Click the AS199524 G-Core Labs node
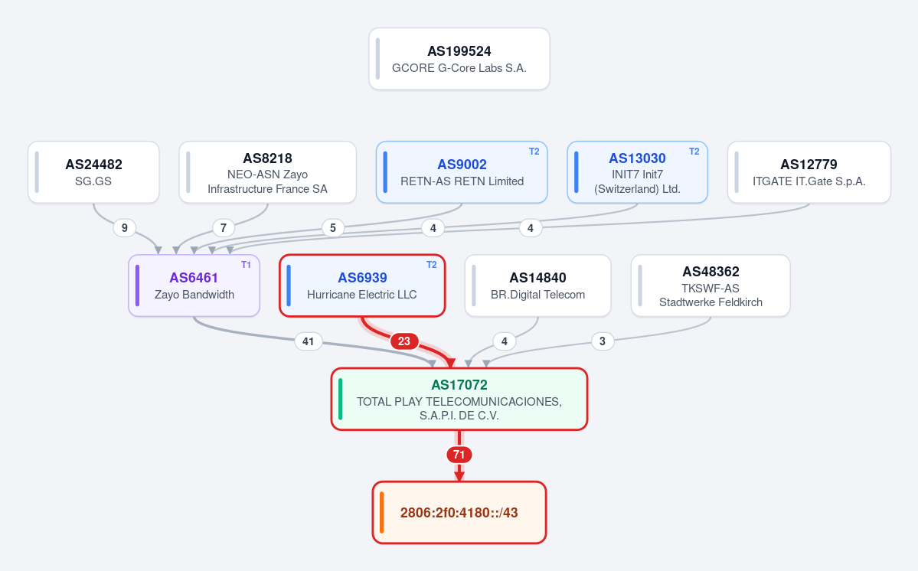click(x=459, y=59)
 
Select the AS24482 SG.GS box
click(x=93, y=172)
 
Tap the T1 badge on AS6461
click(x=246, y=265)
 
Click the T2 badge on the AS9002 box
click(x=534, y=152)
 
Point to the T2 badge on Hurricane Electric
click(x=432, y=265)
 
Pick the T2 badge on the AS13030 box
click(x=694, y=152)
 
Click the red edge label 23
click(x=404, y=341)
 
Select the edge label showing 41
click(x=308, y=341)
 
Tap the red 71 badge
click(x=459, y=455)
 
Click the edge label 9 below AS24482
click(x=124, y=227)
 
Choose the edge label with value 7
click(x=223, y=227)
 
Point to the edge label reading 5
click(x=332, y=227)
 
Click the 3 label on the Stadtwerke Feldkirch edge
click(x=603, y=341)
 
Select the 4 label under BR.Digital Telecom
click(x=504, y=341)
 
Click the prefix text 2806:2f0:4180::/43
click(x=459, y=513)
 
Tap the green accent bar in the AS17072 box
click(x=340, y=399)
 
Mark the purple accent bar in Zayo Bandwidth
click(x=137, y=285)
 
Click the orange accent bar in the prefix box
click(x=382, y=513)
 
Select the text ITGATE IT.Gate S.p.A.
click(x=809, y=181)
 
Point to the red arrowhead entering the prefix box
click(x=459, y=476)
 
